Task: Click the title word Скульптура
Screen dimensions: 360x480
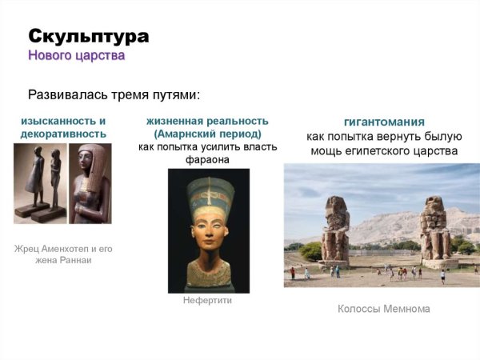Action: (x=88, y=37)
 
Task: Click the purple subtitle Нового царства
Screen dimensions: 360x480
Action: (x=76, y=56)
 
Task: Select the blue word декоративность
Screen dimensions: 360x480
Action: (x=63, y=134)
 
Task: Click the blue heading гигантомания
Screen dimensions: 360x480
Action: (x=383, y=122)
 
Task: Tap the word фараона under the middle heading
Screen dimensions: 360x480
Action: (x=206, y=159)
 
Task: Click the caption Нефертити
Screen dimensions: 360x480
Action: (x=208, y=302)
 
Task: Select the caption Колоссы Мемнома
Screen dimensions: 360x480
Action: (x=383, y=309)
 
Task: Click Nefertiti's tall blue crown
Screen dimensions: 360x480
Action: (x=210, y=191)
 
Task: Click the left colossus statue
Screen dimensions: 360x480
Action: (x=335, y=230)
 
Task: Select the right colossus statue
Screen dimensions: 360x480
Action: (x=436, y=228)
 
